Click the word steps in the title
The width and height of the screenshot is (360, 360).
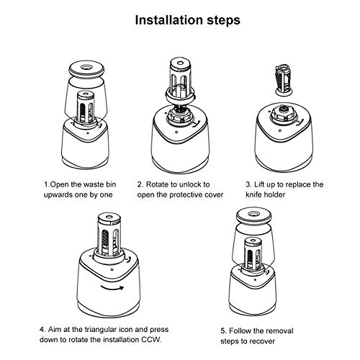coord(224,21)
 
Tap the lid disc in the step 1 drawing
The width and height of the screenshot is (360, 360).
coord(86,68)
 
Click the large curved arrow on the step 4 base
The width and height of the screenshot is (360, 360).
coord(112,287)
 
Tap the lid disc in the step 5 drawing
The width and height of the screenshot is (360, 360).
coord(253,215)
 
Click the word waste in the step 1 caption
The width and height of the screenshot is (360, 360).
coord(91,184)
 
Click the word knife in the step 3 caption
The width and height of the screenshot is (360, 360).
coord(253,194)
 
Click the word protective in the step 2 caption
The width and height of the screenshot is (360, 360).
coord(186,194)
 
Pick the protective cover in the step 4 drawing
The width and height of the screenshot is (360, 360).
coord(109,236)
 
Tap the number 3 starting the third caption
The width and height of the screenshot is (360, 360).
coord(248,184)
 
